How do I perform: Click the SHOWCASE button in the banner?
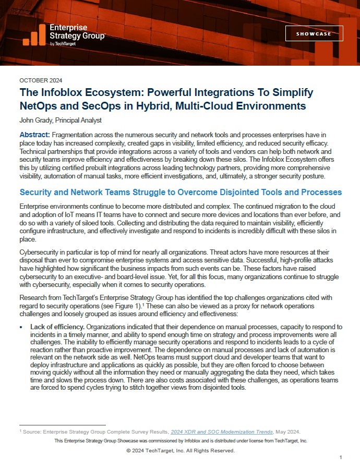click(314, 33)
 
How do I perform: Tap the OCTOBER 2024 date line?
click(41, 80)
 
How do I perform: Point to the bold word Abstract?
click(35, 134)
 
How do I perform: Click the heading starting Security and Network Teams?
click(181, 193)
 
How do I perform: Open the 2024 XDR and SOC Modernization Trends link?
click(215, 433)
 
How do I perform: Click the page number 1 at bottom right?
click(340, 458)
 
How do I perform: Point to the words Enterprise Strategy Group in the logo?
click(76, 32)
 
